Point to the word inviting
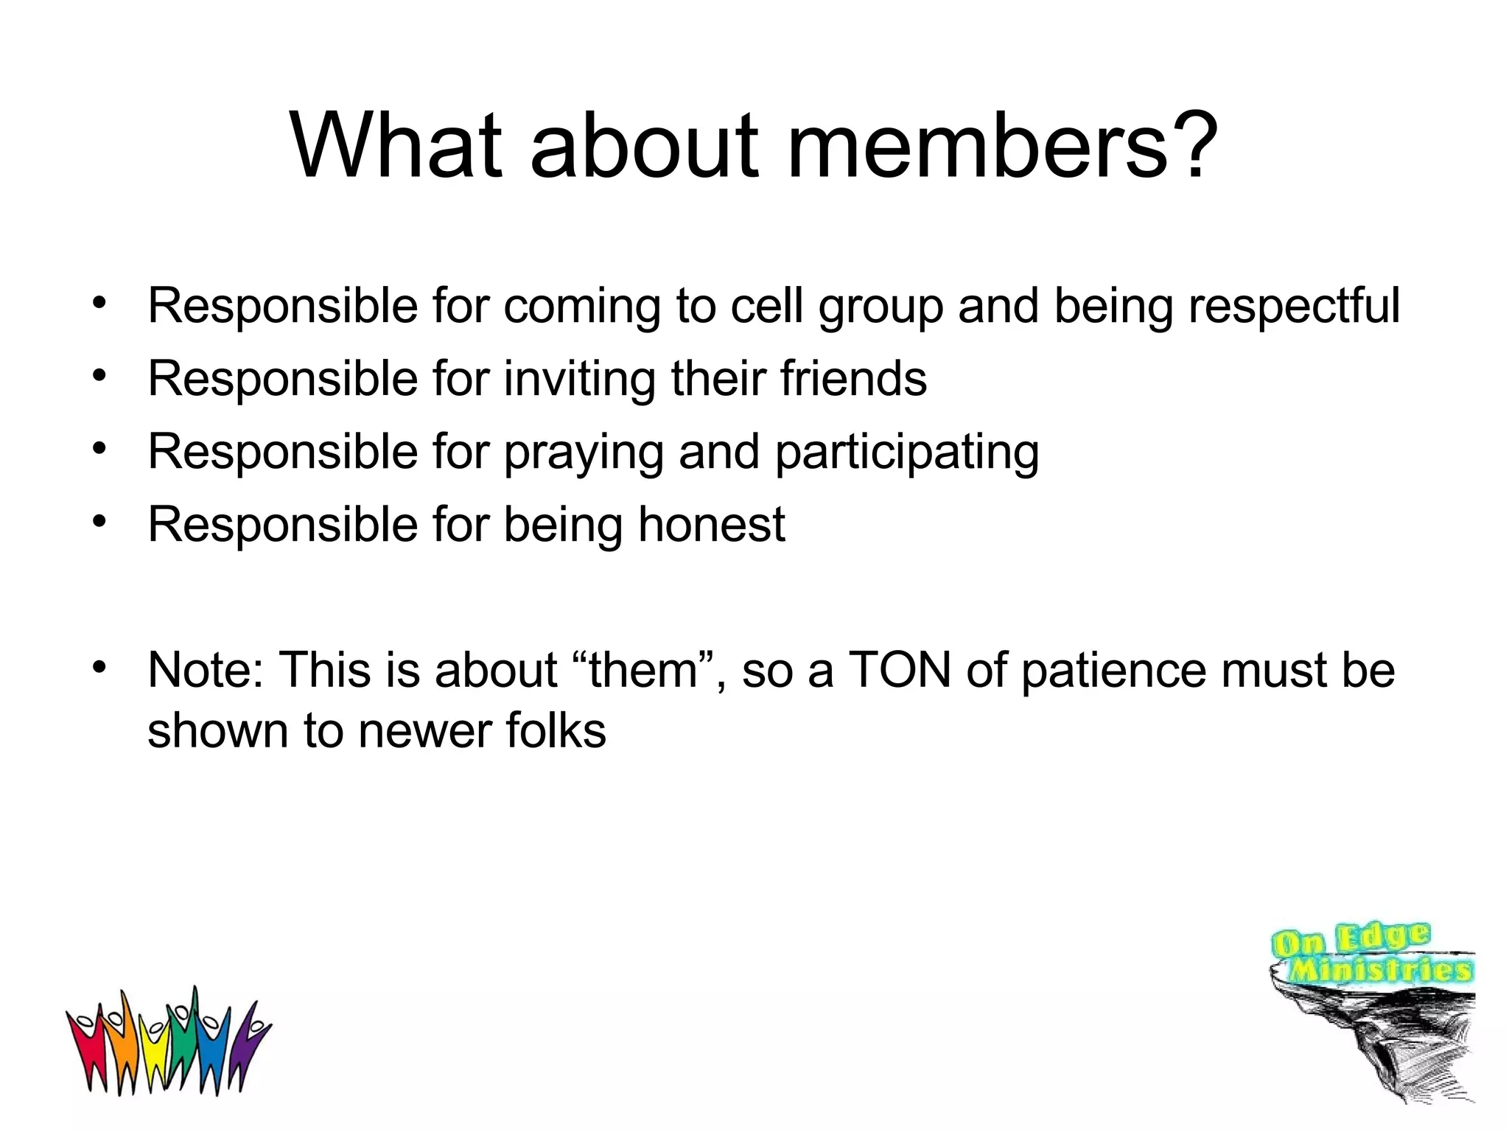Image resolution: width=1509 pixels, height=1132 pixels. pos(579,379)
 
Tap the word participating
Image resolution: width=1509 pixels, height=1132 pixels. pos(907,452)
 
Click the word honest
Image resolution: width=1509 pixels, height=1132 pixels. pos(711,524)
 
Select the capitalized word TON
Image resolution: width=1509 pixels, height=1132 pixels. pos(900,670)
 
